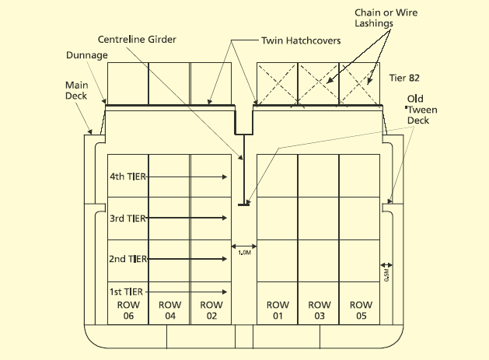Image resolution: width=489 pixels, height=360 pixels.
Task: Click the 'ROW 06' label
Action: pos(127,310)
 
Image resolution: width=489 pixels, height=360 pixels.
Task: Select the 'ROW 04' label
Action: pos(169,310)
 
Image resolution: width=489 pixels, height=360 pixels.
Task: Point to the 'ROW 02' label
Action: pos(211,310)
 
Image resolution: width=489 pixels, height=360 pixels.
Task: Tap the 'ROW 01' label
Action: pos(277,310)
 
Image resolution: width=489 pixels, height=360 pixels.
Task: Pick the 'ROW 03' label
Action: pos(319,310)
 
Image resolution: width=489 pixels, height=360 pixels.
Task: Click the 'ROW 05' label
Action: pos(360,310)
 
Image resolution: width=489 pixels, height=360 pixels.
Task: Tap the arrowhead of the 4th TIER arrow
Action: pos(225,177)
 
